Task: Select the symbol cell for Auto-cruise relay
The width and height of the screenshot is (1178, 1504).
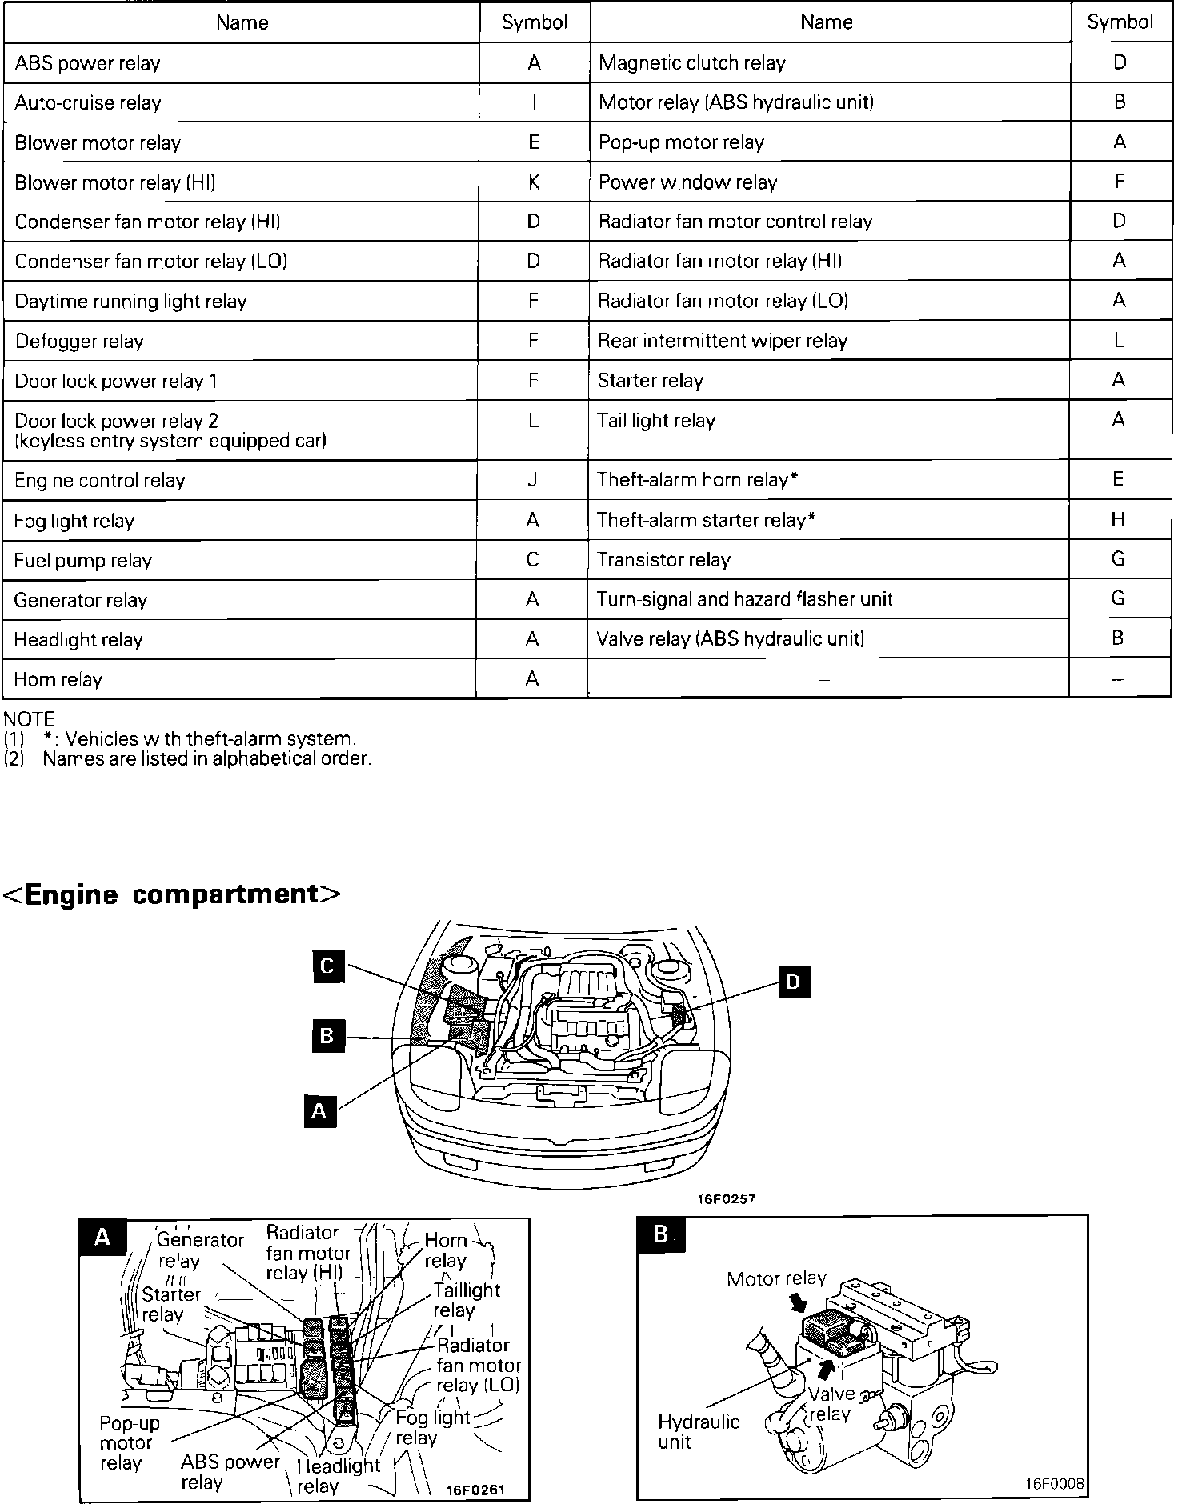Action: point(534,102)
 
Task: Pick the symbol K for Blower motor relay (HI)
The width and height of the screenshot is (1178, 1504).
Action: point(534,182)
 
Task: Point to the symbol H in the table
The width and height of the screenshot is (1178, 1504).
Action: point(1118,520)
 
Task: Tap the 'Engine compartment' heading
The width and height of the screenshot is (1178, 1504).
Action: point(173,894)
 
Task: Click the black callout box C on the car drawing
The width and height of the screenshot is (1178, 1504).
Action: point(327,966)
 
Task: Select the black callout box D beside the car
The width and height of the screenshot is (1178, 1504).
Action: point(793,981)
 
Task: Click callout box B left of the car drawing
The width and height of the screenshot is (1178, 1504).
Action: point(327,1037)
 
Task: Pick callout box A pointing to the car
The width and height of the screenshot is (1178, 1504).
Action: point(319,1110)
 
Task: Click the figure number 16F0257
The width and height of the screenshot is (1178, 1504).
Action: point(725,1199)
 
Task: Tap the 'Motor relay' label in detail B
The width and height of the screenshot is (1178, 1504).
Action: point(775,1278)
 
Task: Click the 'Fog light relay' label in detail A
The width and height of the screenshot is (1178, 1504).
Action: point(432,1427)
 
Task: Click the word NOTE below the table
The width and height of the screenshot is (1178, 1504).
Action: point(29,718)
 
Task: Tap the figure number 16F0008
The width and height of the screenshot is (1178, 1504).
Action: point(1054,1484)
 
